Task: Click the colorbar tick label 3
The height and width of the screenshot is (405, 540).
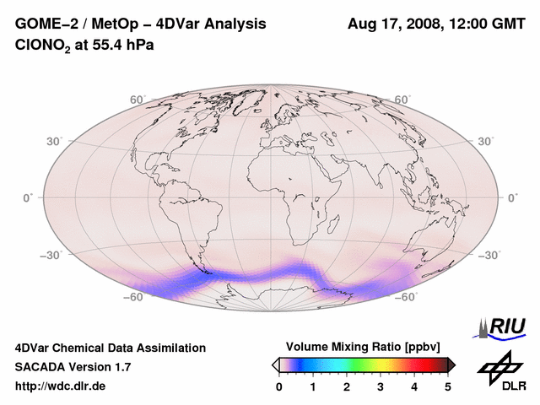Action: click(x=381, y=386)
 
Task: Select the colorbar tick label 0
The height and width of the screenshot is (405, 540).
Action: click(x=279, y=386)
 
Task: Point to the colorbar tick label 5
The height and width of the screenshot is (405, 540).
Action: click(x=448, y=386)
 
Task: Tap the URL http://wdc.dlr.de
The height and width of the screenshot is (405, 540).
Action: click(x=61, y=386)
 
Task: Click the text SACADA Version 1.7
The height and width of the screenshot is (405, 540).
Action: click(x=73, y=367)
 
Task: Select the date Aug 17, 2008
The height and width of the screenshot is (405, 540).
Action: click(x=392, y=24)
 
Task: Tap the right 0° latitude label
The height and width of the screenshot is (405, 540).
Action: click(x=511, y=197)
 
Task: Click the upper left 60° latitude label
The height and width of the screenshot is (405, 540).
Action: click(x=137, y=100)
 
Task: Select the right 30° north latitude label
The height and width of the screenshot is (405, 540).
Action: click(x=486, y=141)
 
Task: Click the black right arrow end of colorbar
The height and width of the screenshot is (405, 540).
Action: click(x=451, y=364)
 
